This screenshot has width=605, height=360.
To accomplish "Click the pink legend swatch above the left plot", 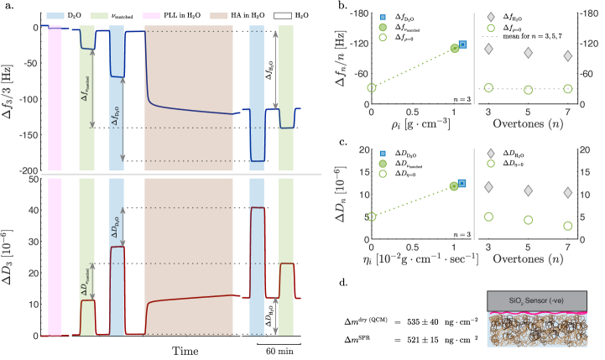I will pyautogui.click(x=152, y=16).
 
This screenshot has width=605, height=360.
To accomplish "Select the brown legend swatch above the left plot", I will pyautogui.click(x=219, y=16).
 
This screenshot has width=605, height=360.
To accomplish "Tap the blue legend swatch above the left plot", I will pyautogui.click(x=55, y=16).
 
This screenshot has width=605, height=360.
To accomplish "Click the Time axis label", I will pyautogui.click(x=185, y=349).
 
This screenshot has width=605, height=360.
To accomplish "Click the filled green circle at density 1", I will pyautogui.click(x=455, y=48).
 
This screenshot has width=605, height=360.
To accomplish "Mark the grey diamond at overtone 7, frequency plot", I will pyautogui.click(x=568, y=56).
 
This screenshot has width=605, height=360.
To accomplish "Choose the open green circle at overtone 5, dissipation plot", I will pyautogui.click(x=529, y=220).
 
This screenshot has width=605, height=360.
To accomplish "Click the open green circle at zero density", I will pyautogui.click(x=372, y=87).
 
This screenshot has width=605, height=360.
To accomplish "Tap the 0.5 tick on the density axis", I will pyautogui.click(x=413, y=111).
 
